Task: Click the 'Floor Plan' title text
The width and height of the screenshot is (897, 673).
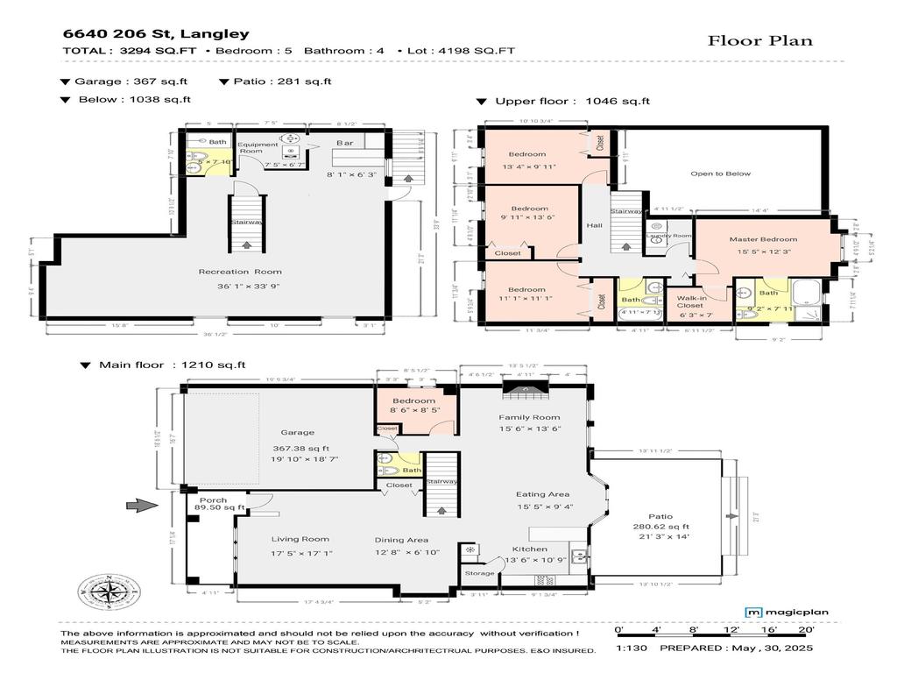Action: [x=759, y=40]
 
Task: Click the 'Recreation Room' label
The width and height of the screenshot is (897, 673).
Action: [x=240, y=272]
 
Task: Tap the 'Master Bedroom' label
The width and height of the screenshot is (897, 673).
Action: [x=763, y=239]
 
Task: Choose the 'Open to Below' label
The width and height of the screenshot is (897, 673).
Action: [x=720, y=174]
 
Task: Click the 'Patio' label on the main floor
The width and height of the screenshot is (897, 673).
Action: [x=662, y=516]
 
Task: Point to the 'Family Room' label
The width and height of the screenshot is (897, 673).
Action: [x=529, y=417]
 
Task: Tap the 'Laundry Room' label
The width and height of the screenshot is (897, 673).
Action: [x=668, y=236]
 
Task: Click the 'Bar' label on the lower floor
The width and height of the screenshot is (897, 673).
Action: [x=345, y=143]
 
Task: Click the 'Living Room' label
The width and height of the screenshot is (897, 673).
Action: [x=300, y=540]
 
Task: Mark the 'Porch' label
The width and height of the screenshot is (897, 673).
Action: [x=214, y=500]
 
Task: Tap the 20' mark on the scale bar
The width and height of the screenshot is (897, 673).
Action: [x=806, y=630]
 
